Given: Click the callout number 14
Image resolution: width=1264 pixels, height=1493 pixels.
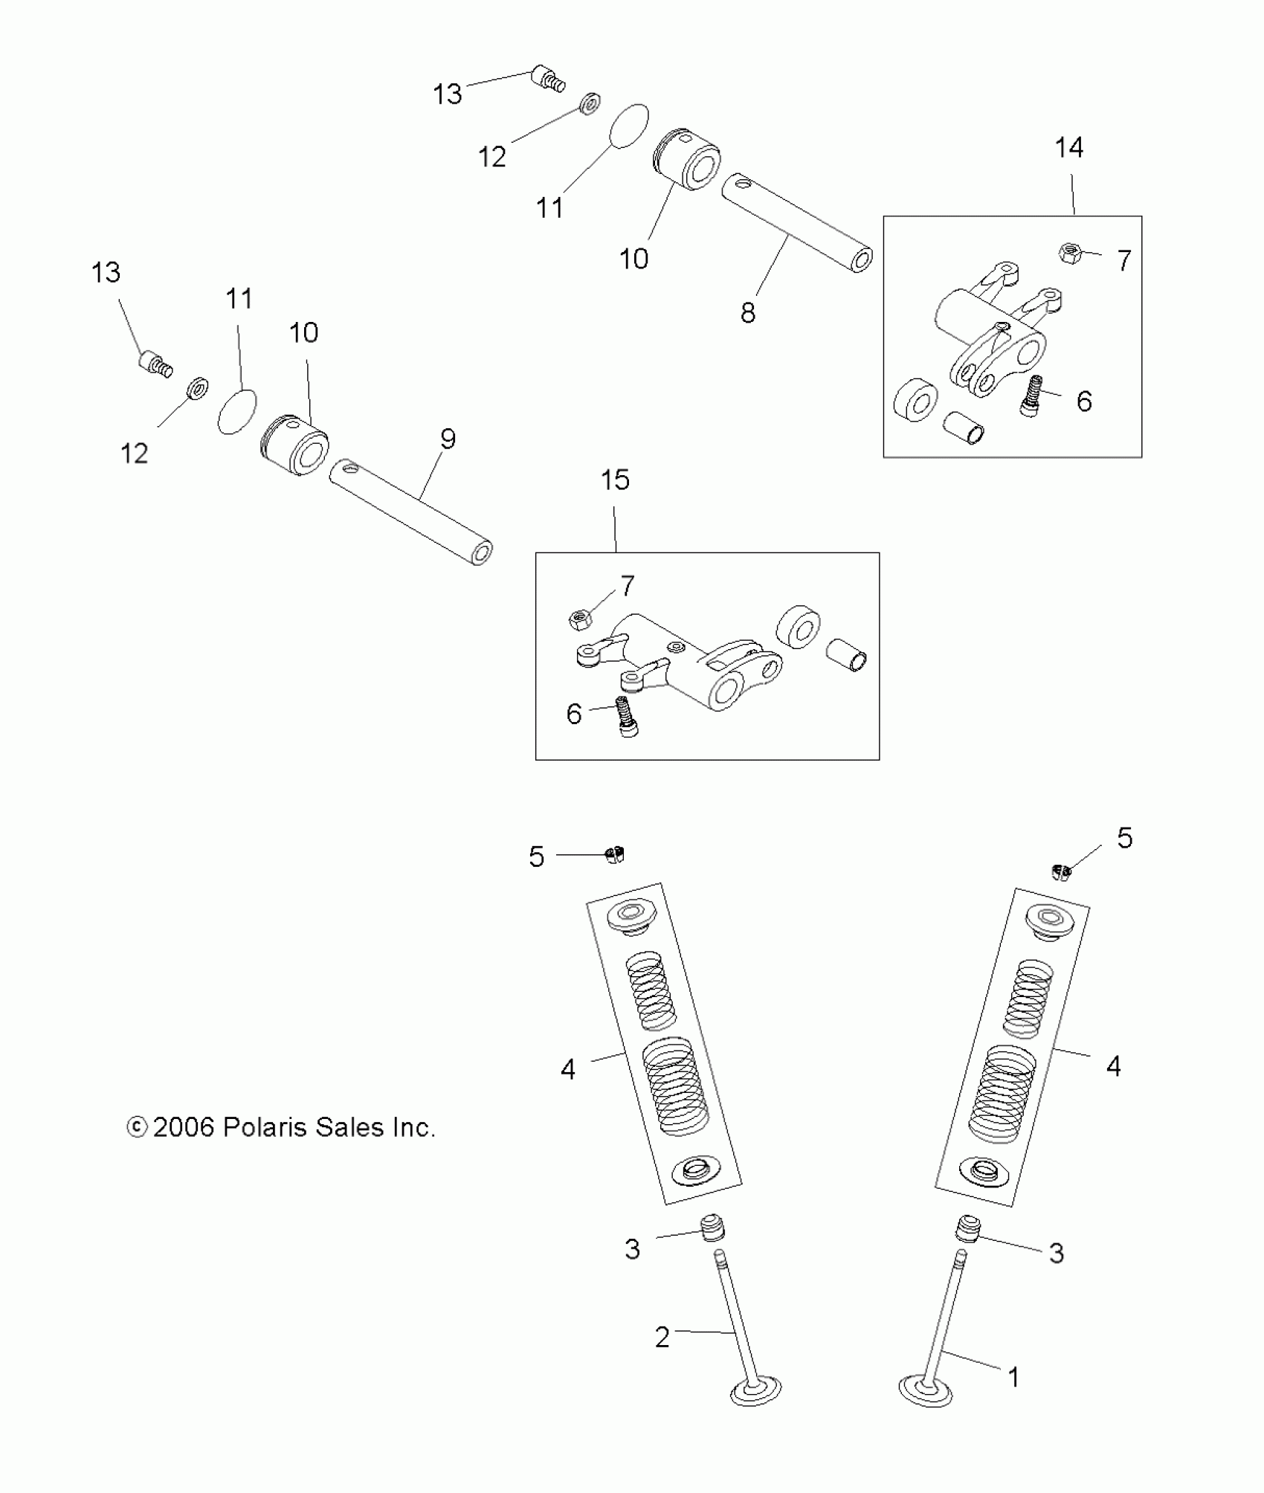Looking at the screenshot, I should click(x=1069, y=148).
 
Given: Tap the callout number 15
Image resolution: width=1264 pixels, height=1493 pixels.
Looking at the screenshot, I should click(x=615, y=480).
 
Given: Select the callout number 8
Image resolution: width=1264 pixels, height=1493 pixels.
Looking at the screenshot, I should click(x=748, y=313).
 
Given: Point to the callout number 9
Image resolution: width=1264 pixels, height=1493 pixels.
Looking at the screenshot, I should click(x=448, y=439).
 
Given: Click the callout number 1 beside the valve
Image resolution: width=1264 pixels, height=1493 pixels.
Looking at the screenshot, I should click(x=1013, y=1378).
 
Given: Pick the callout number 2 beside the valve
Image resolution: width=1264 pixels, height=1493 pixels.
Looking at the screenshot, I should click(x=662, y=1338).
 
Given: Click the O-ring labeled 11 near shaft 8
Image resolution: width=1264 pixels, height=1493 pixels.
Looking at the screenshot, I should click(x=629, y=126).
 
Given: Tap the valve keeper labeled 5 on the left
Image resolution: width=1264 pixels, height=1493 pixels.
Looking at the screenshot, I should click(x=614, y=855).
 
